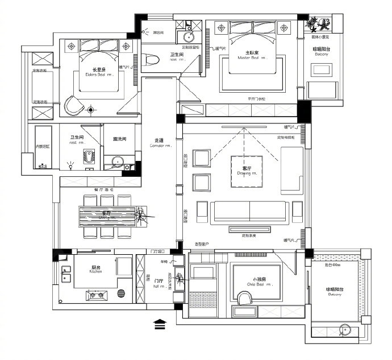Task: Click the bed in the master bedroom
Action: click(251, 54)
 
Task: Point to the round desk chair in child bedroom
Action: click(245, 299)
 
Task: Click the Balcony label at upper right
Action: click(322, 52)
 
